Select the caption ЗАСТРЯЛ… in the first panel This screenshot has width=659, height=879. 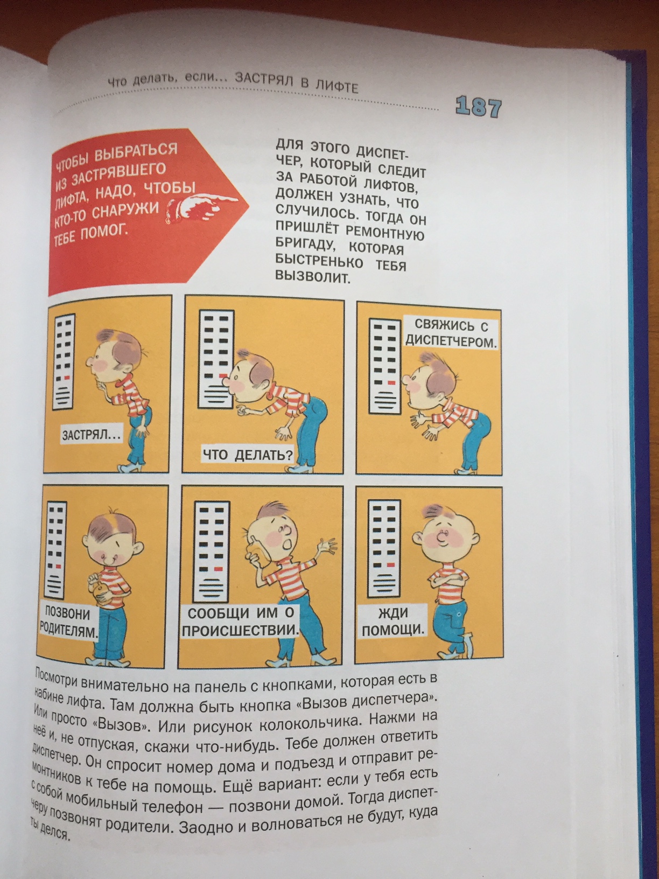click(91, 434)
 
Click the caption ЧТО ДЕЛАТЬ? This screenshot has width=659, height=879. click(248, 455)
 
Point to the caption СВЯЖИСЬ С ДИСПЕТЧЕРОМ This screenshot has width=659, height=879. click(451, 333)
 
